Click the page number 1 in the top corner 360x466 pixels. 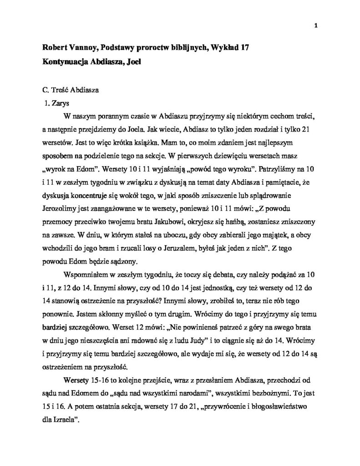pyautogui.click(x=315, y=25)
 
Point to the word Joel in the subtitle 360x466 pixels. pyautogui.click(x=134, y=62)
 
